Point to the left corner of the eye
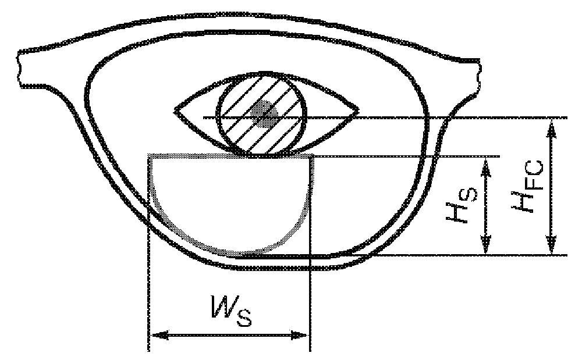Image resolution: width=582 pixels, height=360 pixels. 176,109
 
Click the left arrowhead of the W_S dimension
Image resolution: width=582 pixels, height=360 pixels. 155,336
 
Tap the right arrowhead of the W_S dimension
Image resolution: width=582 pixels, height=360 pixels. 303,336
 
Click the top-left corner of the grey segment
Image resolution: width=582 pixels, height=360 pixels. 151,156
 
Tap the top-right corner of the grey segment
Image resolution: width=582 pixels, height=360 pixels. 314,156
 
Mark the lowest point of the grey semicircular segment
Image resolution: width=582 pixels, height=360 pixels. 233,254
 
